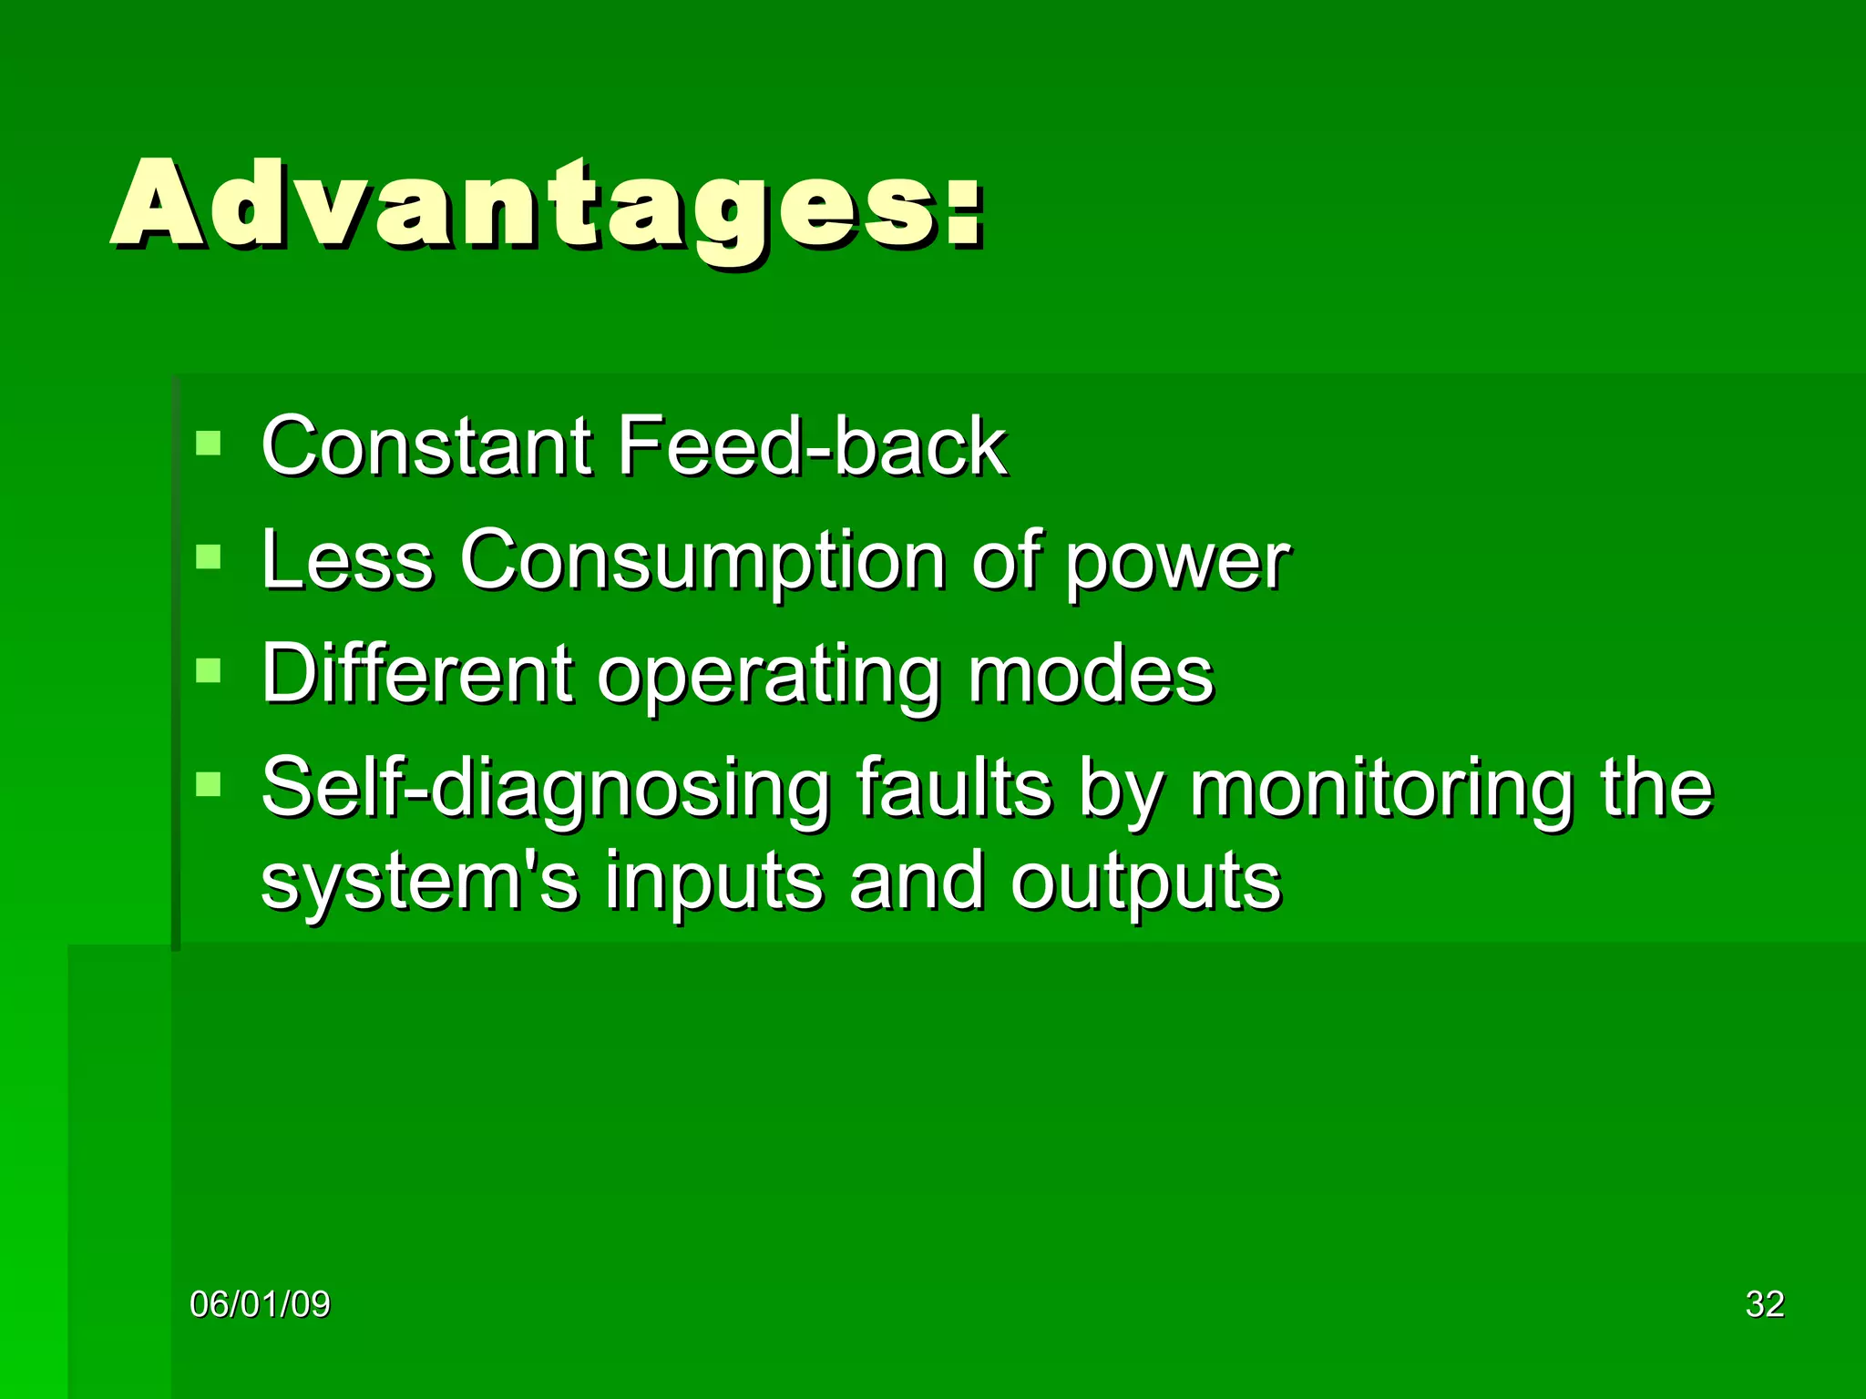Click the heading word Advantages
pyautogui.click(x=547, y=205)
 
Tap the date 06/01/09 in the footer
pyautogui.click(x=260, y=1304)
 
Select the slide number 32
pyautogui.click(x=1764, y=1304)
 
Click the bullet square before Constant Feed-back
pyautogui.click(x=209, y=444)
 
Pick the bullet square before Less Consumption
pyautogui.click(x=209, y=557)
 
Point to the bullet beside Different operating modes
pyautogui.click(x=209, y=670)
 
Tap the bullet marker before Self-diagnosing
pyautogui.click(x=209, y=784)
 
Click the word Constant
pyautogui.click(x=426, y=446)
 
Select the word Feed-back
pyautogui.click(x=811, y=446)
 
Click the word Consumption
pyautogui.click(x=702, y=560)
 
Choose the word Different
pyautogui.click(x=417, y=674)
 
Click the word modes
pyautogui.click(x=1091, y=674)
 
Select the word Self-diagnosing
pyautogui.click(x=545, y=788)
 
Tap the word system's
pyautogui.click(x=419, y=882)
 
